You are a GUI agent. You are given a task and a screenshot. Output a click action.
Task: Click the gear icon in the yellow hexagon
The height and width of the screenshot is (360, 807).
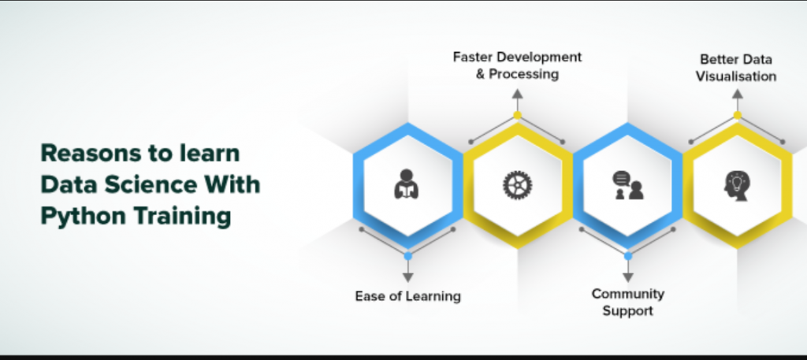tap(517, 185)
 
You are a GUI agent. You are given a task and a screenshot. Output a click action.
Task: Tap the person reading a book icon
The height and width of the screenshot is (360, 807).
tap(407, 184)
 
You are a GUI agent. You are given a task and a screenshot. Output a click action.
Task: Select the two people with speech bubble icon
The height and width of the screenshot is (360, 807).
tap(628, 185)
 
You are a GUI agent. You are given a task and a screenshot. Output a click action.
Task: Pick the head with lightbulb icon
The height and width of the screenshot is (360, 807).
tap(737, 185)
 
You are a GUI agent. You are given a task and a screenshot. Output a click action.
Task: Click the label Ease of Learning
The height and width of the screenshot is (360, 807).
tap(407, 296)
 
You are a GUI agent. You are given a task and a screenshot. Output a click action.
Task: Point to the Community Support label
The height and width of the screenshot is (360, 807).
tap(628, 302)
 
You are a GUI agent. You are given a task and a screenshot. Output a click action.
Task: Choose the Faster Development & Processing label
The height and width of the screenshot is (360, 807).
tap(517, 65)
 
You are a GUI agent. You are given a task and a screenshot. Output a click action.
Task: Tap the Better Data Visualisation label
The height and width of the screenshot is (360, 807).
tap(736, 68)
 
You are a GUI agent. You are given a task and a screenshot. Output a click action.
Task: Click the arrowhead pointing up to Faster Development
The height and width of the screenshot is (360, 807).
tap(517, 94)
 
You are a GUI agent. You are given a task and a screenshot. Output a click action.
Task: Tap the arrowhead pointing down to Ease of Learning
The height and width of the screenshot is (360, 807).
tap(408, 277)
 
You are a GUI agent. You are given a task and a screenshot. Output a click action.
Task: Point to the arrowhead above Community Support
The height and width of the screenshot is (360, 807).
tap(628, 277)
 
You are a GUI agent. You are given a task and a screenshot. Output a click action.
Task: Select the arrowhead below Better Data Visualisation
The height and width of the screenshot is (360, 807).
tap(738, 94)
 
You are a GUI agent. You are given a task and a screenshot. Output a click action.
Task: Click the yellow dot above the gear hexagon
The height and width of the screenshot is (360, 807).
tap(517, 115)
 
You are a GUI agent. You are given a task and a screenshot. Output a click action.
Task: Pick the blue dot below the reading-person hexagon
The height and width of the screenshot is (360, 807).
tap(408, 255)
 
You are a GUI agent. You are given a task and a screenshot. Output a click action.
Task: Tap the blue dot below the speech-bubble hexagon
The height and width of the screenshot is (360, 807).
tap(628, 255)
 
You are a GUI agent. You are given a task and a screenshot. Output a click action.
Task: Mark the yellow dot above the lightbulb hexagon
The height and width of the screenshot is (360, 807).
tap(738, 115)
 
